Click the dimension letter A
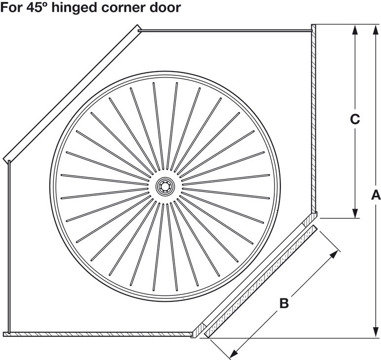pos(376,195)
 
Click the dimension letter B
pos(284,303)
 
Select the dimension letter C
pos(355,119)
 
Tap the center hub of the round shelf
pos(165,186)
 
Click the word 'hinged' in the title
pos(75,8)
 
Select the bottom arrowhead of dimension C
pos(355,213)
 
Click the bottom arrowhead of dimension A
pos(376,332)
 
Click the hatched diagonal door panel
pos(260,282)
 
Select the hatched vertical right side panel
pos(314,118)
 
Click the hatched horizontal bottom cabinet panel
pos(97,334)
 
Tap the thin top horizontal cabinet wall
pos(225,31)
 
